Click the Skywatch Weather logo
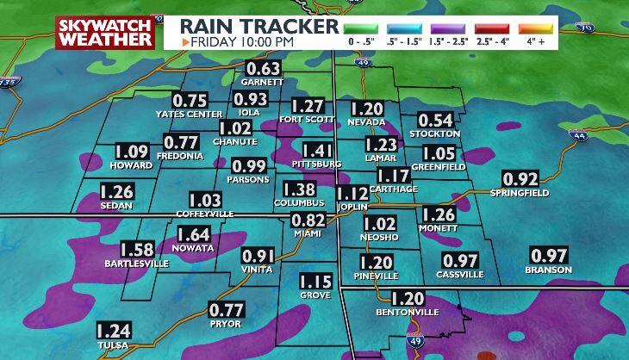click(104, 33)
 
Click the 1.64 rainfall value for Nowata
click(193, 234)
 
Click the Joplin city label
click(352, 208)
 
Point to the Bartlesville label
click(137, 263)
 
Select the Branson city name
click(549, 270)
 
